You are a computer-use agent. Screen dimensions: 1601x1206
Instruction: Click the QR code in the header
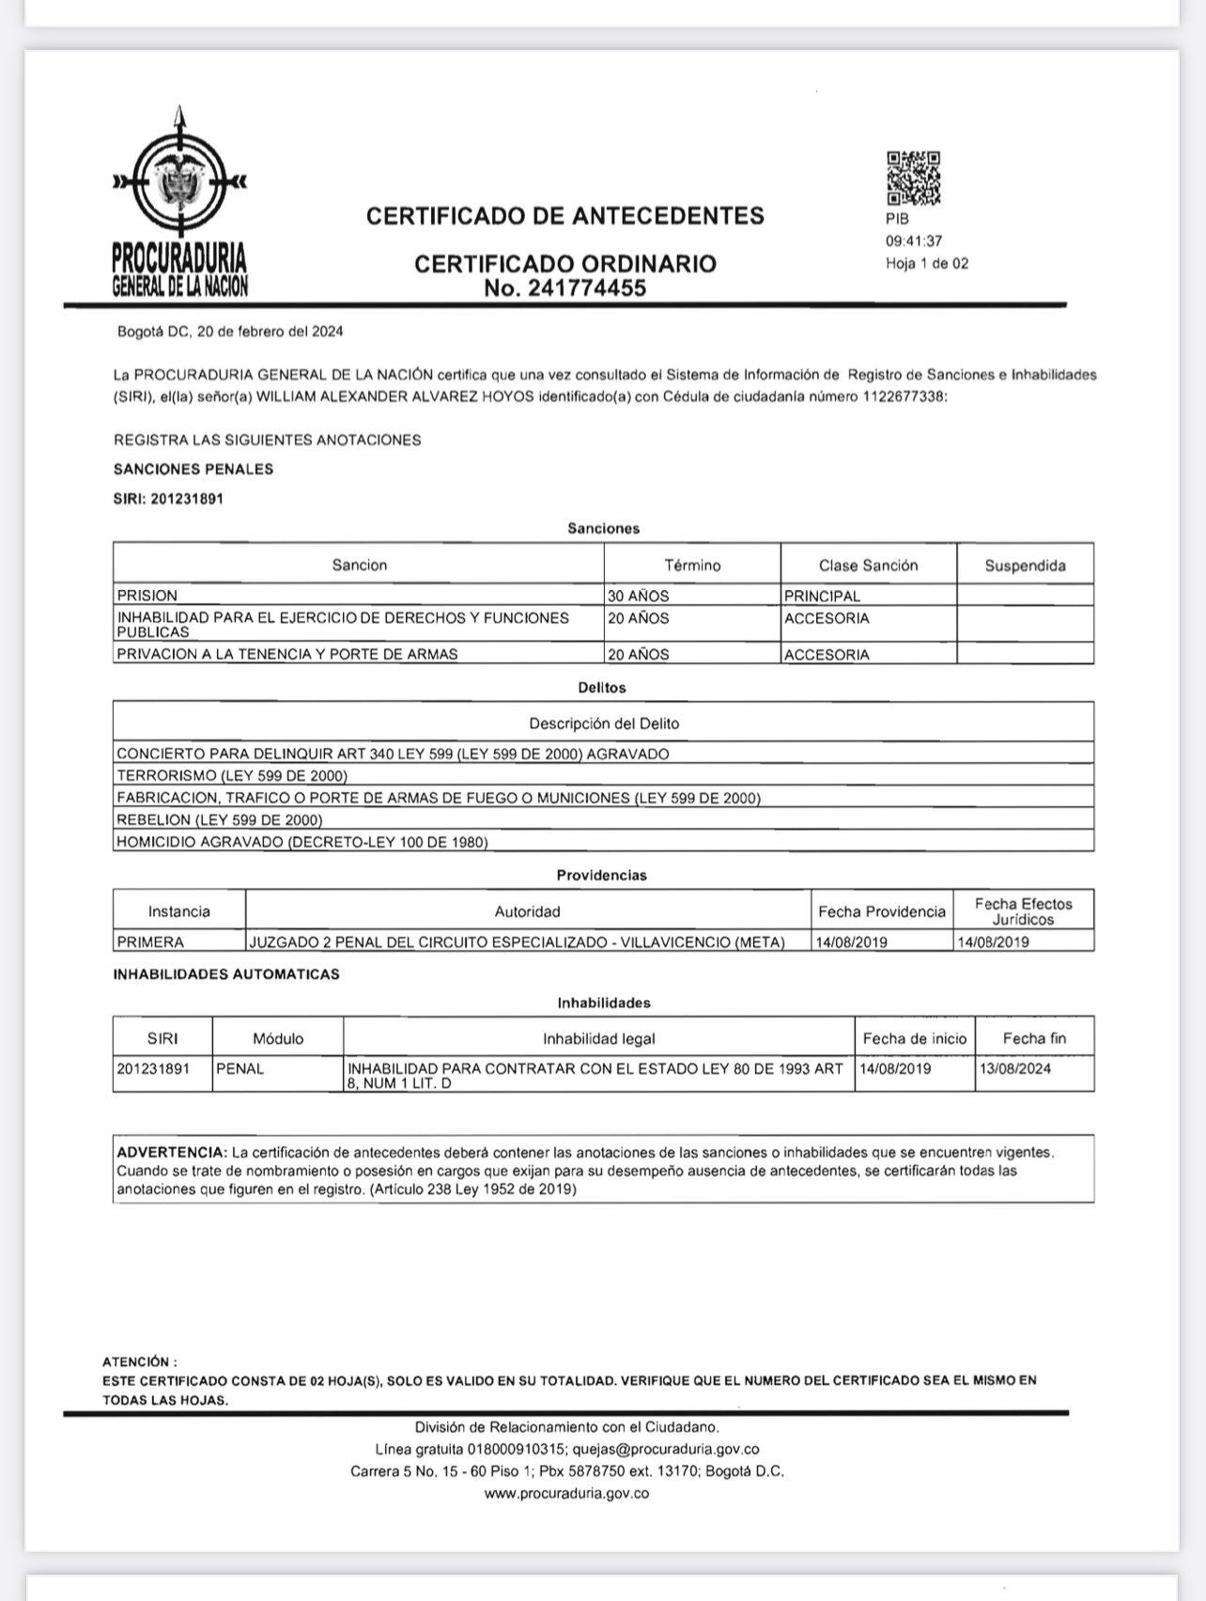(x=913, y=179)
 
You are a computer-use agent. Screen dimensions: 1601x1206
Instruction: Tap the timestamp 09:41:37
(x=913, y=241)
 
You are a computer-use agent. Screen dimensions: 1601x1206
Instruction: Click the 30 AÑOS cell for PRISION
(x=639, y=596)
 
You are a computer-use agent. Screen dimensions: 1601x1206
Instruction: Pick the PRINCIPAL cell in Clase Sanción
(x=822, y=596)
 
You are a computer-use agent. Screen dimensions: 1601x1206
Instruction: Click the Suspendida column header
(x=1025, y=566)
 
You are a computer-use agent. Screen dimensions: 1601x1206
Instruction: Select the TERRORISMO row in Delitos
(x=232, y=776)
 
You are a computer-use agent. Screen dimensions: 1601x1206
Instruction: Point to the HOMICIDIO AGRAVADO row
(x=301, y=842)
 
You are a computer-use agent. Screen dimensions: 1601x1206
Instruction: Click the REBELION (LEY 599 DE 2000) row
(x=220, y=820)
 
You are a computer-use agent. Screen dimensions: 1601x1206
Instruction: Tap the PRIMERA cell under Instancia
(x=150, y=941)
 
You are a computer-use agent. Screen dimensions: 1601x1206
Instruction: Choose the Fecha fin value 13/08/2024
(x=1014, y=1069)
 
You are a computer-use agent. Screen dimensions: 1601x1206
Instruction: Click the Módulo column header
(x=278, y=1038)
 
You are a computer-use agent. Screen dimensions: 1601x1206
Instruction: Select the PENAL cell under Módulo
(x=240, y=1069)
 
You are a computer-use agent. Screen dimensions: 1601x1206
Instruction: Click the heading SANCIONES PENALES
(x=193, y=469)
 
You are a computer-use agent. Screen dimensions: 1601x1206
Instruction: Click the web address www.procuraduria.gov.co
(x=566, y=1493)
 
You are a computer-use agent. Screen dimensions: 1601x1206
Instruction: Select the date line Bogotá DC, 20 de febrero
(x=230, y=332)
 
